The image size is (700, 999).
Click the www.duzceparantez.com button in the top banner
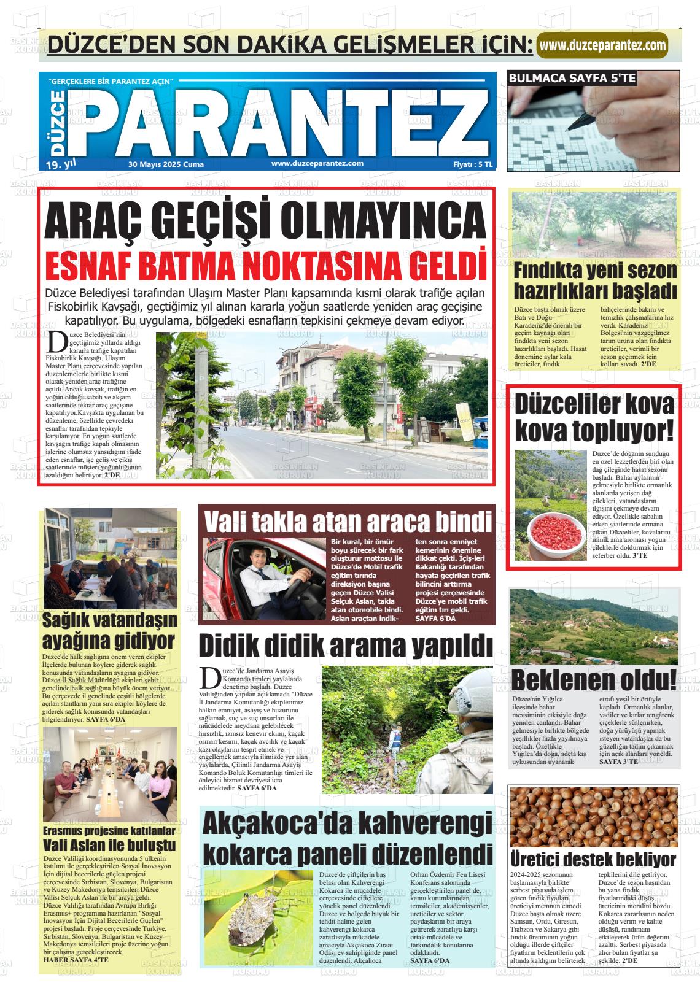point(602,45)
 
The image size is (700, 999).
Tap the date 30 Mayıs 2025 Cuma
point(166,164)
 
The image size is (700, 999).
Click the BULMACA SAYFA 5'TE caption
point(572,78)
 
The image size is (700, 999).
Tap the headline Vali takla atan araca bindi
point(346,521)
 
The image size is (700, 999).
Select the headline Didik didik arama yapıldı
point(346,646)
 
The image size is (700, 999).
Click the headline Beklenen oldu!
point(594,680)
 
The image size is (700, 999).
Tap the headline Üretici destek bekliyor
point(593,858)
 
